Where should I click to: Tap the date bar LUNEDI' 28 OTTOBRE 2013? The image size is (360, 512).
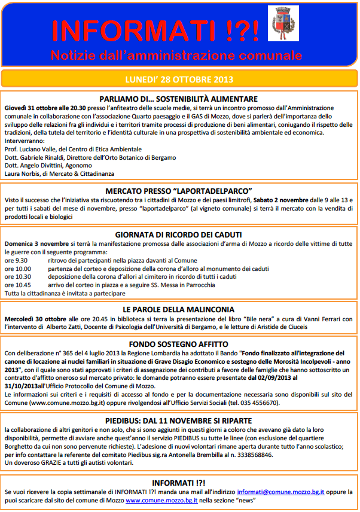tap(179, 79)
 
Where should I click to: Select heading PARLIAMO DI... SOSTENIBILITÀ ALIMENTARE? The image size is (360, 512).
tap(179, 99)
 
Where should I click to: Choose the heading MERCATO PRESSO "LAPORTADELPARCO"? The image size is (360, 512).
tap(179, 193)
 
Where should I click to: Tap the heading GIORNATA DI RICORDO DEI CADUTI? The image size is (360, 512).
tap(179, 235)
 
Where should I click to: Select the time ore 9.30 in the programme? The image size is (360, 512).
tap(16, 261)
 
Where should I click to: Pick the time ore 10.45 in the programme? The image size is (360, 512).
tap(17, 285)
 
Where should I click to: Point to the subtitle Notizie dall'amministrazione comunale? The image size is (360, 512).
tap(176, 56)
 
